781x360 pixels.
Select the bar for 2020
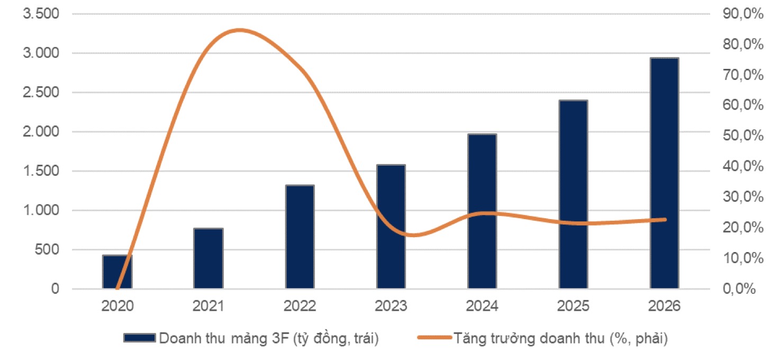pos(117,272)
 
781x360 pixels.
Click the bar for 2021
pos(208,259)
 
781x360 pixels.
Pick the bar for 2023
pos(391,227)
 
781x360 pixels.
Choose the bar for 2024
pos(482,212)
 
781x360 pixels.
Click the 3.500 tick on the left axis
pos(41,14)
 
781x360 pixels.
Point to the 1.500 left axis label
pos(41,171)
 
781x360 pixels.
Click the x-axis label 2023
pos(391,306)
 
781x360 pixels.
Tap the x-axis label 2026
pos(665,306)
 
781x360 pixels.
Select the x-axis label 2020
pos(117,306)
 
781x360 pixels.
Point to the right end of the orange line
pos(665,219)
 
